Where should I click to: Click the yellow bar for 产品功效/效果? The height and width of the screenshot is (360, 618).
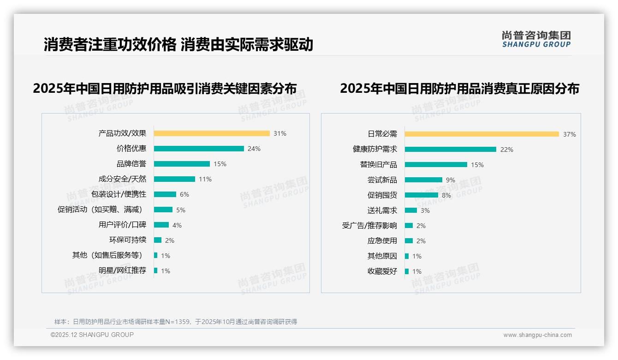tap(212, 133)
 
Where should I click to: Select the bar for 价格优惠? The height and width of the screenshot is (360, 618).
tap(199, 149)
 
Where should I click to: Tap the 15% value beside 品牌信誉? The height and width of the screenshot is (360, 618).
tap(220, 164)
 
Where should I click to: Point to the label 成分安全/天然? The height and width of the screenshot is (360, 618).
tap(122, 179)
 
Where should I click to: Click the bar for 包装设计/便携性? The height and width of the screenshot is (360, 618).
tap(165, 194)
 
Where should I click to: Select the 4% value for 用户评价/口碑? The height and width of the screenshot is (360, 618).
tap(177, 225)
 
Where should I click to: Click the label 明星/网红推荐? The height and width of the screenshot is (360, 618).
tap(122, 270)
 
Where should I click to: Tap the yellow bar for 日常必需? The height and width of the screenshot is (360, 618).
tap(481, 134)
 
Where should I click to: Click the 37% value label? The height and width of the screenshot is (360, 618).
tap(569, 135)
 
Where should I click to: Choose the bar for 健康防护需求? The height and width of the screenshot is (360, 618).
tap(451, 150)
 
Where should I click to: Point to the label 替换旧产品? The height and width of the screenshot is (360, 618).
tap(378, 165)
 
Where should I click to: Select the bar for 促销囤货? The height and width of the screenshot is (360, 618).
tap(422, 195)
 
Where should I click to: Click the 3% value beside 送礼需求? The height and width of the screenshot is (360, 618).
tap(425, 210)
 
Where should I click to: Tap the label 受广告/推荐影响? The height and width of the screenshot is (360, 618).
tap(369, 226)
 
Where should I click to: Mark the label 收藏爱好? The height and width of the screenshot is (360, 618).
tap(382, 271)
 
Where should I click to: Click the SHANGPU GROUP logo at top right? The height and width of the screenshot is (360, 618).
tap(536, 39)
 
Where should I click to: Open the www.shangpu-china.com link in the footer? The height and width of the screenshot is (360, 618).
tap(537, 335)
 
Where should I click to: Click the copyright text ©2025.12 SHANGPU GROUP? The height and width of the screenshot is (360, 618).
tap(92, 335)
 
